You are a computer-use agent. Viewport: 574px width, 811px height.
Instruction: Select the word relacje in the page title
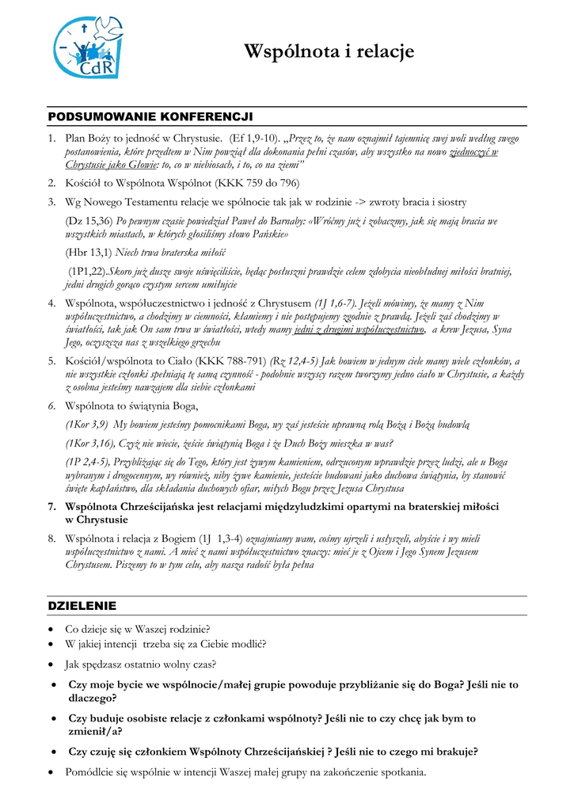tap(384, 52)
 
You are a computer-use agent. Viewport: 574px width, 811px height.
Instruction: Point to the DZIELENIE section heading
tap(82, 606)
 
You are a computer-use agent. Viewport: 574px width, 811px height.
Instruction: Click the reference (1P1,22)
tap(88, 272)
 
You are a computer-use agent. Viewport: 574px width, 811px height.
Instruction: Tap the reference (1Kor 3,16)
tap(92, 444)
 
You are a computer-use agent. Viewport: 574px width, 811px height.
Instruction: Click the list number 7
tap(51, 506)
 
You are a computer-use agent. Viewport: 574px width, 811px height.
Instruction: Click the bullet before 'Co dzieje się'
tap(51, 630)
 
